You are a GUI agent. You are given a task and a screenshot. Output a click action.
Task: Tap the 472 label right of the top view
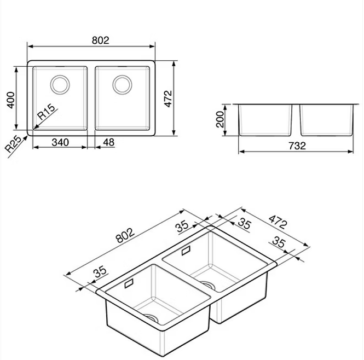click(x=168, y=99)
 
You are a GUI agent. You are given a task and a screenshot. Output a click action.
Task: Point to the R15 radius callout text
click(x=47, y=113)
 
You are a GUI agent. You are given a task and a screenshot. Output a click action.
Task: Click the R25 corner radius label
click(x=13, y=144)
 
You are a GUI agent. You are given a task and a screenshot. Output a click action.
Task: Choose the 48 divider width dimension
click(x=108, y=142)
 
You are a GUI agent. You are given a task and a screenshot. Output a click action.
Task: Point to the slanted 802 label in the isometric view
click(x=125, y=233)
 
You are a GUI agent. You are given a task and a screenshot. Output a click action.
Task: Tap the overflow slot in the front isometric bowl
click(x=130, y=285)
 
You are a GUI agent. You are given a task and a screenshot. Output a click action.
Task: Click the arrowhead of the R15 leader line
click(x=34, y=129)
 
